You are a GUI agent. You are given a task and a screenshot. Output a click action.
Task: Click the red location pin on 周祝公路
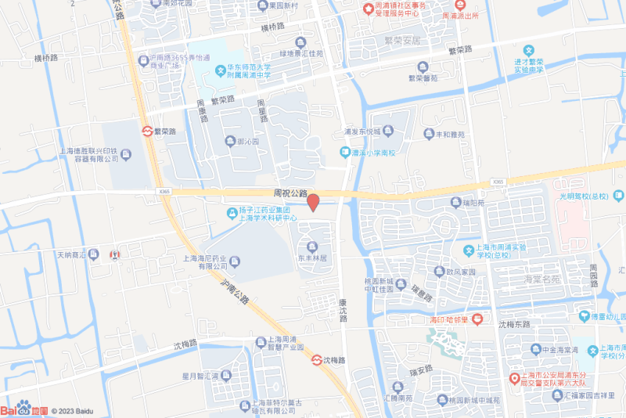point(312,202)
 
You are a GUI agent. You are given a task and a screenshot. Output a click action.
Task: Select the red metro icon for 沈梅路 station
point(316,360)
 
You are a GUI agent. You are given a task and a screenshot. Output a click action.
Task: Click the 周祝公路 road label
point(291,193)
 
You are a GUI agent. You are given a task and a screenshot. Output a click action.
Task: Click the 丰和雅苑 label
point(444,134)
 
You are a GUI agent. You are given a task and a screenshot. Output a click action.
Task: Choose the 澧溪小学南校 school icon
point(345,152)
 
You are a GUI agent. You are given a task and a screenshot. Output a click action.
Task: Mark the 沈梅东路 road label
point(514,324)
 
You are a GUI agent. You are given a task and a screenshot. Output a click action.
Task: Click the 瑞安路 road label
point(420,369)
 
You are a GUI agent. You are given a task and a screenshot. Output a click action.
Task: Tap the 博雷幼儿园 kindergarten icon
point(583,316)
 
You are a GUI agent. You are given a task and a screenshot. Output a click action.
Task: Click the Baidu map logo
point(23,409)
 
